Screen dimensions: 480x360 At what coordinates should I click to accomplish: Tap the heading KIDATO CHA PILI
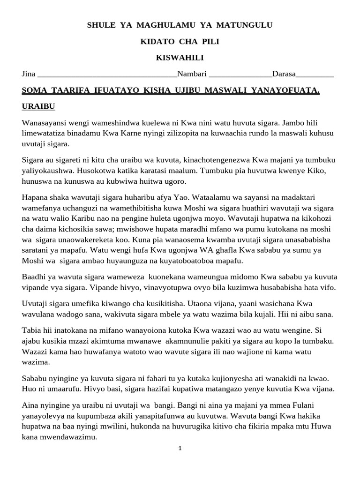tap(180, 42)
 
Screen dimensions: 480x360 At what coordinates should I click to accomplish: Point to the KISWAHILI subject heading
tap(180, 58)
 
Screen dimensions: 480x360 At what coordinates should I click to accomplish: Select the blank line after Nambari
tap(240, 75)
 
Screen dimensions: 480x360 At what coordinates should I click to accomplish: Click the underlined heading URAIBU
tap(38, 107)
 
